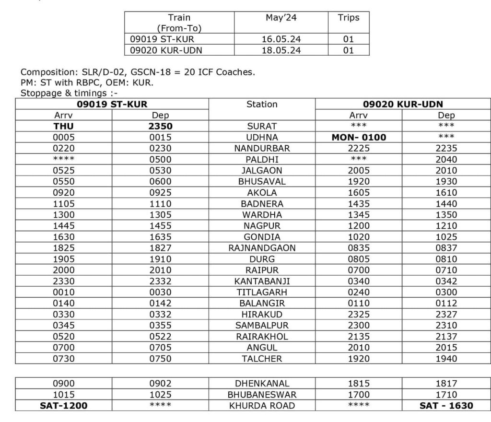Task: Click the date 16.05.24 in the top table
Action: click(281, 39)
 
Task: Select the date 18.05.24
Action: click(281, 50)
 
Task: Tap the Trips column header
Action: click(348, 18)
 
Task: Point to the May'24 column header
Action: click(281, 18)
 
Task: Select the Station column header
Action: click(262, 104)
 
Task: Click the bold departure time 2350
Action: click(160, 126)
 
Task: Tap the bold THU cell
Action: click(63, 126)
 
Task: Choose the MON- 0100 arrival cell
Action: click(359, 137)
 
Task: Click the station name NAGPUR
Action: click(262, 225)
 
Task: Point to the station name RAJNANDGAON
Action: click(262, 248)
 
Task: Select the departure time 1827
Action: click(160, 248)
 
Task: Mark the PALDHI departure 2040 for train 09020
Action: click(446, 159)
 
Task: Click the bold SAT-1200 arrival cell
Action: click(63, 406)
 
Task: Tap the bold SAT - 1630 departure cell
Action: click(446, 406)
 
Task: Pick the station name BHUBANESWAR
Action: click(262, 395)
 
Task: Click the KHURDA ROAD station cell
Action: click(262, 406)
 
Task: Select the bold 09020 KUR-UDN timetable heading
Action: click(402, 104)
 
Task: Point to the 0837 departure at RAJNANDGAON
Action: click(446, 248)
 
